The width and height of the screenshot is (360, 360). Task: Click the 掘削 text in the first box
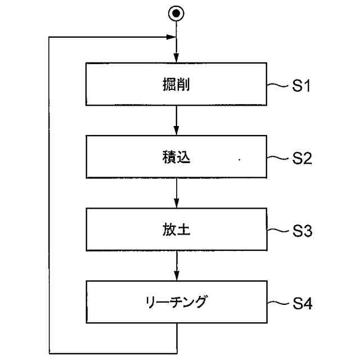click(177, 85)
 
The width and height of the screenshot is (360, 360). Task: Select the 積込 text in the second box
click(176, 157)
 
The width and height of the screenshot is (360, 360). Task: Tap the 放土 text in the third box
click(177, 230)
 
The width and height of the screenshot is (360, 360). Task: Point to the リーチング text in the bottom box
click(176, 301)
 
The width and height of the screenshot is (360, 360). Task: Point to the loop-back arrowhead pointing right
click(171, 38)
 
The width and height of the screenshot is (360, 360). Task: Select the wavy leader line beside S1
click(277, 86)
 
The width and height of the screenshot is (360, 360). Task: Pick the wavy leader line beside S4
click(277, 304)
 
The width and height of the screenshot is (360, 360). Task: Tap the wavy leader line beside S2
click(277, 159)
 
